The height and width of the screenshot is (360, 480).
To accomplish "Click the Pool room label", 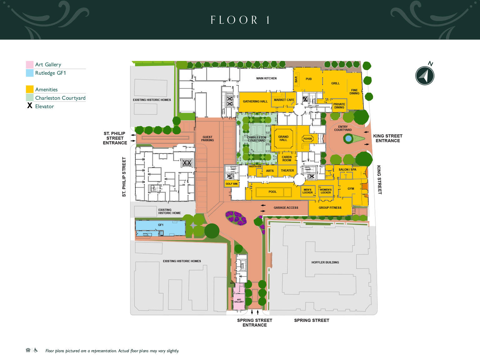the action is click(272, 192).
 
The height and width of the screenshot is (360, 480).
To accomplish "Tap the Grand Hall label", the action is click(283, 138).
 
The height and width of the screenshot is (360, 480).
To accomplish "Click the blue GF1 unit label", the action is click(161, 225).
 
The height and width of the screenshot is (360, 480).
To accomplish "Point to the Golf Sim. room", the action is click(232, 184).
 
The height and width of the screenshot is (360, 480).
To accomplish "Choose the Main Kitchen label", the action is click(266, 78).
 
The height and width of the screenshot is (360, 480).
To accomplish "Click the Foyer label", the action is click(307, 138).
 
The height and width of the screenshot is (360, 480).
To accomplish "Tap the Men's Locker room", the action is click(308, 191).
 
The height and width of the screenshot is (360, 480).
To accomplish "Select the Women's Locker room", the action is click(326, 191).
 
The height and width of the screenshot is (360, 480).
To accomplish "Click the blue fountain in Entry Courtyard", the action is click(348, 138).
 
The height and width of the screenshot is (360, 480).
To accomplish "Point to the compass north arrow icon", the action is click(425, 76).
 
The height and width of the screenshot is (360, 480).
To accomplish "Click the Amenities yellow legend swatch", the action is click(30, 89).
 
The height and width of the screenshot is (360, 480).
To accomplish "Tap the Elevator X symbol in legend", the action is click(30, 106).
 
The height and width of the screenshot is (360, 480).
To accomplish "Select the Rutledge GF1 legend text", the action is click(51, 73).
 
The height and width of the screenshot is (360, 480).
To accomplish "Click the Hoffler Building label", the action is click(325, 262).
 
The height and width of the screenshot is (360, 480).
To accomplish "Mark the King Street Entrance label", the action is click(388, 138).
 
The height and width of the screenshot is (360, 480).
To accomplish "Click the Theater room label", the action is click(287, 171).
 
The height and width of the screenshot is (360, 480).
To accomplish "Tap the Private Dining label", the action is click(339, 106).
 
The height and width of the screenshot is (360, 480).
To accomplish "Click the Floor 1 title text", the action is click(240, 20).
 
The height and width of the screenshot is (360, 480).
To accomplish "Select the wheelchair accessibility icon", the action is click(36, 350).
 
